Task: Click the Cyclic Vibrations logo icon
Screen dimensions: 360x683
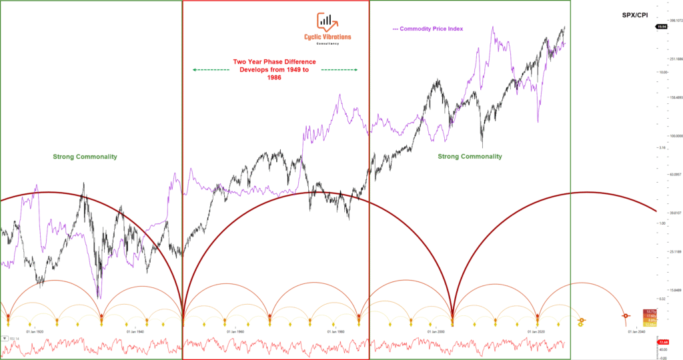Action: [326, 23]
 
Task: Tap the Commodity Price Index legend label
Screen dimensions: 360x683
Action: [428, 29]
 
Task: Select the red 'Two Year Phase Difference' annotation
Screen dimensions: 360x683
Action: [275, 69]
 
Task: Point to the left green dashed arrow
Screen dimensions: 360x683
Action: [211, 69]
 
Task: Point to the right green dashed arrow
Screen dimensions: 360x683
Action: [340, 69]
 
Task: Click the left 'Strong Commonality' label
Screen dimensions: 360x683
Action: [85, 157]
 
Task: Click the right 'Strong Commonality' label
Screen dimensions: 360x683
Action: [470, 156]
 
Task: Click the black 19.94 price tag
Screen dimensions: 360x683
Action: [662, 26]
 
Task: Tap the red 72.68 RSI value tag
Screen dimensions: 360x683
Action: [662, 342]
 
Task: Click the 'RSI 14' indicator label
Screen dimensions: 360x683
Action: [13, 339]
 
